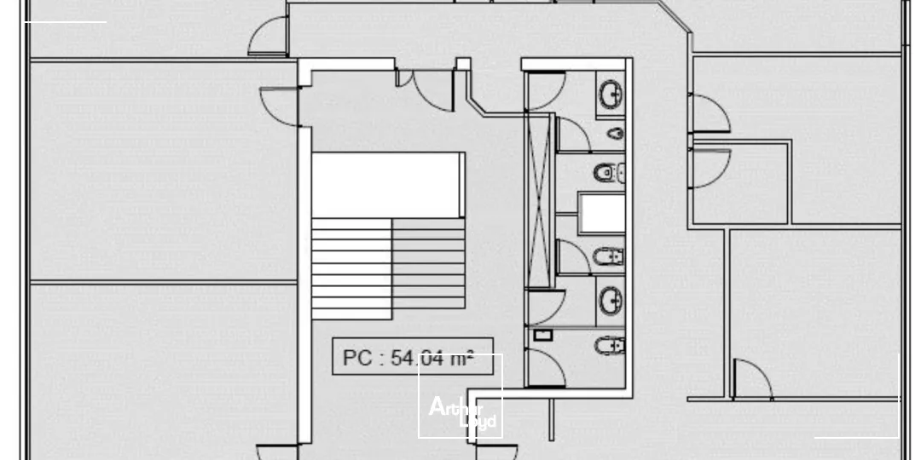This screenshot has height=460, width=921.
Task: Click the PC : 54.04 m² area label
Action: click(414, 357)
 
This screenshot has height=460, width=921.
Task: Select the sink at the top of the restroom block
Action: click(611, 93)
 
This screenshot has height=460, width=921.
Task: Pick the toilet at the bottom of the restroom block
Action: click(610, 345)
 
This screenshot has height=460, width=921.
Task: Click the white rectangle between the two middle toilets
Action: click(601, 213)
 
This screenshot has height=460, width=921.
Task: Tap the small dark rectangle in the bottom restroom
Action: click(542, 335)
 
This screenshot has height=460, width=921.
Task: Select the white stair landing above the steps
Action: click(388, 184)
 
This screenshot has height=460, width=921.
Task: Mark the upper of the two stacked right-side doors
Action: click(709, 113)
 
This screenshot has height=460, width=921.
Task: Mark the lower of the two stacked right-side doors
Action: click(709, 168)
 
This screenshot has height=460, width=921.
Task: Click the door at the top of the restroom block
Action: click(547, 90)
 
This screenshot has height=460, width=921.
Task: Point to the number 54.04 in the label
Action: click(418, 358)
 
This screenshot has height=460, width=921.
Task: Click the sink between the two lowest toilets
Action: click(611, 301)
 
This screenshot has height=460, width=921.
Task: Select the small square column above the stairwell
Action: click(462, 64)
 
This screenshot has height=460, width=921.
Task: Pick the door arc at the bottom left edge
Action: click(278, 452)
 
